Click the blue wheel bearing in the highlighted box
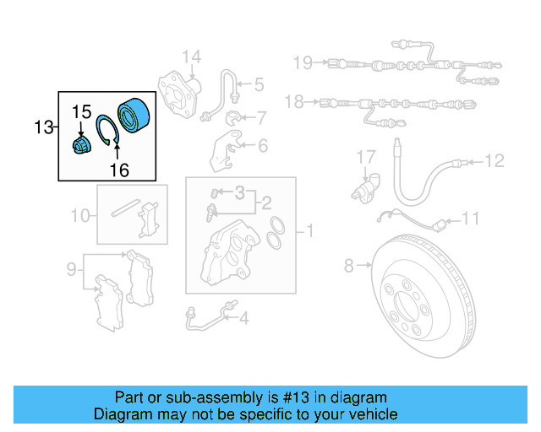click(133, 115)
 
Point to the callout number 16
click(118, 170)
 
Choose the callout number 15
click(80, 111)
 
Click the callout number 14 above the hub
click(192, 57)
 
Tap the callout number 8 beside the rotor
click(348, 267)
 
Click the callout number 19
click(303, 62)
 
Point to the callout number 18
click(294, 102)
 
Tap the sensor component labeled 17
click(366, 187)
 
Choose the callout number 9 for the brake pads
click(72, 269)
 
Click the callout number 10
click(79, 216)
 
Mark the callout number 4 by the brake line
click(243, 318)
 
